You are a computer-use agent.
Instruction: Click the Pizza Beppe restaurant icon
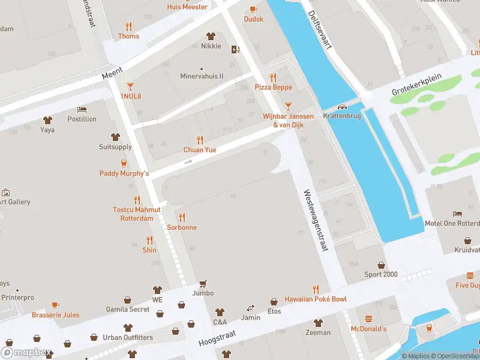pos(274,77)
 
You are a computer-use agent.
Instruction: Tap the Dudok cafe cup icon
pos(253,9)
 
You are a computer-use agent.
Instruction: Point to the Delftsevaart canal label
pos(320,33)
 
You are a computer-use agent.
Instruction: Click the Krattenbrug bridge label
pos(341,116)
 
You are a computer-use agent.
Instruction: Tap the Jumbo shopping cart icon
pos(203,283)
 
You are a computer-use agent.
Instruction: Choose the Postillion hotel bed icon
pos(82,109)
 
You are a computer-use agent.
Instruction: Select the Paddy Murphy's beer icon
pos(124,163)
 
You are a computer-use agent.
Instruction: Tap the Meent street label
pos(112,73)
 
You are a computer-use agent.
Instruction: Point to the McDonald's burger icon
pos(368,319)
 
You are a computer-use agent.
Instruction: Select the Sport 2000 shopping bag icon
pos(381,265)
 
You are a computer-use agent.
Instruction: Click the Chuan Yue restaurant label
pos(200,149)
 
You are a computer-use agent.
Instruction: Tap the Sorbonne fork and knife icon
pos(182,217)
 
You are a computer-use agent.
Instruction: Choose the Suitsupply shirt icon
pos(115,137)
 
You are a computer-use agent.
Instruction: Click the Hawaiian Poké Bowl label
pos(316,299)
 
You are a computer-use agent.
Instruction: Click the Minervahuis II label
pos(202,76)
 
